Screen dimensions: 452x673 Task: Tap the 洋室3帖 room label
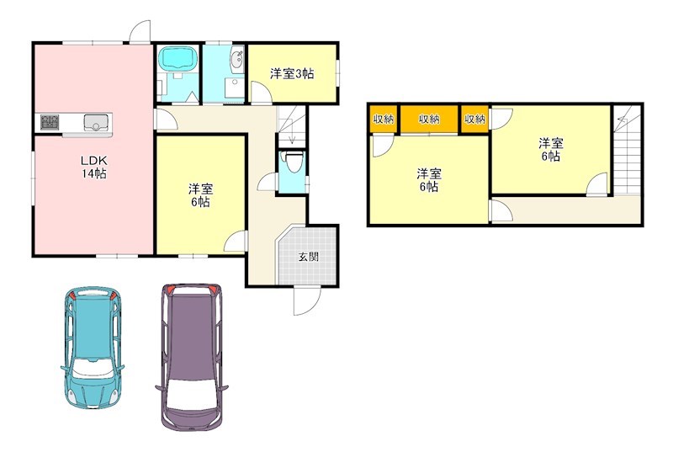tap(292, 74)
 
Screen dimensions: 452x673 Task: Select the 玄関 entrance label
tap(308, 257)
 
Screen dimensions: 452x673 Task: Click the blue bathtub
tap(178, 60)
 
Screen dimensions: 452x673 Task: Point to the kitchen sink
tap(96, 123)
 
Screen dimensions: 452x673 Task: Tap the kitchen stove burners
tap(49, 123)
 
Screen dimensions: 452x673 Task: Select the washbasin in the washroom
tap(236, 59)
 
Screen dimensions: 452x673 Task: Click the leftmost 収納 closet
tap(384, 120)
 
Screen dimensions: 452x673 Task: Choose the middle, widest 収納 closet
tap(429, 120)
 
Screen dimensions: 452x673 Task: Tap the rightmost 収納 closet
tap(474, 120)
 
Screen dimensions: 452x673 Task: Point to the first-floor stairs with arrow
tap(291, 126)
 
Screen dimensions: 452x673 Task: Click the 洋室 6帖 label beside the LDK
tap(199, 194)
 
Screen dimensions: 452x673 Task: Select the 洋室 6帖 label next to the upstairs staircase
tap(550, 150)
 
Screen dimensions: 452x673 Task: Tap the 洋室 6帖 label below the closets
tap(428, 180)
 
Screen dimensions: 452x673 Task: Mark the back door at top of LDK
tap(139, 31)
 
